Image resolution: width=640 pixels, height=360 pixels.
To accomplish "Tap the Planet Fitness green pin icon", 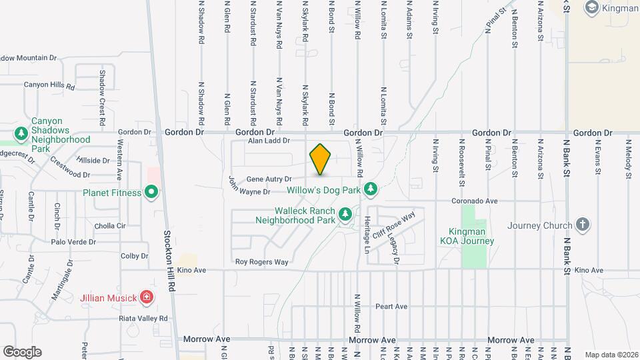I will point(151,193).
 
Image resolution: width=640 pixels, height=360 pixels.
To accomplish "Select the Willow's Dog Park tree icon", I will point(371,190).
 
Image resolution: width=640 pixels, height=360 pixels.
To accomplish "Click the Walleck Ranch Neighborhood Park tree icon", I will point(345,214).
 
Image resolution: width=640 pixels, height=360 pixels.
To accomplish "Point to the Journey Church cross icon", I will point(583,225).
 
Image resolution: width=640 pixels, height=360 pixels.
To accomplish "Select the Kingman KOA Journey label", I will point(471,236).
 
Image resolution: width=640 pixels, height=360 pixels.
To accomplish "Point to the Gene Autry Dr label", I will point(269,179).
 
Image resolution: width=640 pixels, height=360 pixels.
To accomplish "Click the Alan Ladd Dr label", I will point(269,141).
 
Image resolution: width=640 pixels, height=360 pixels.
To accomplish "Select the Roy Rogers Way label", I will point(262,262).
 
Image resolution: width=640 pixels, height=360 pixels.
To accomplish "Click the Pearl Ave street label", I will point(391,307).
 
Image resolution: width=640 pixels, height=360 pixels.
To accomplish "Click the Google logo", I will point(22,351).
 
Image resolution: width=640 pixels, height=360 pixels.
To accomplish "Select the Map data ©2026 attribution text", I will point(610,355).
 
